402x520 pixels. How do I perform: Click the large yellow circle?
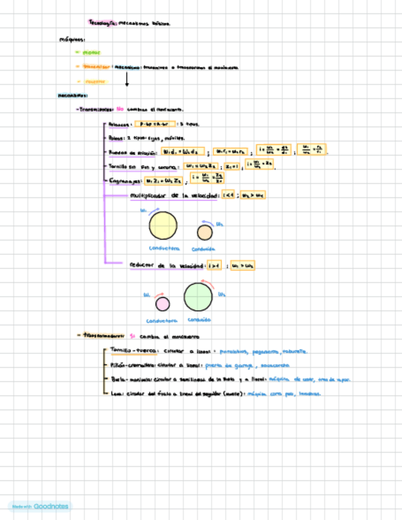coord(163,225)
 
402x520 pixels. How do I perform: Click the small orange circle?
coord(204,232)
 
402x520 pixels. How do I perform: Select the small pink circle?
coord(162,304)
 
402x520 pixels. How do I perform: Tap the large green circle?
coord(199,296)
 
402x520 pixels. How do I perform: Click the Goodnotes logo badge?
coord(40,507)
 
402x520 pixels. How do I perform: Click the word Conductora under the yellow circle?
coord(164,248)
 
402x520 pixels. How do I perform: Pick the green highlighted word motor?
coord(91,53)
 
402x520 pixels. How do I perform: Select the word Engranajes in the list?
coord(125,181)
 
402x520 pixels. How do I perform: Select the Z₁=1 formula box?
coord(232,166)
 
